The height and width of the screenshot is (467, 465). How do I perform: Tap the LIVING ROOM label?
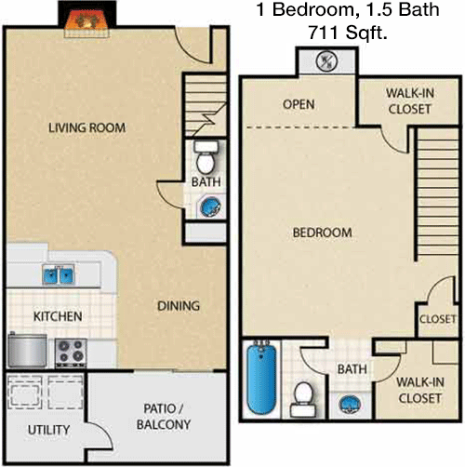(87, 127)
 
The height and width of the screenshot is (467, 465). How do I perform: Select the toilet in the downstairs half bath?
(206, 157)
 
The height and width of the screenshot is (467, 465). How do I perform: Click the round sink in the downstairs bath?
(210, 207)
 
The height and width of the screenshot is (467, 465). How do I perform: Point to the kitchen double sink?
(59, 274)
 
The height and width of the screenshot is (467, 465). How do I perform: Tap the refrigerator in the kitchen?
(27, 350)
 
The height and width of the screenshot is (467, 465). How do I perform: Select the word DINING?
(179, 306)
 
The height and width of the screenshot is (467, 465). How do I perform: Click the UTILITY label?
(48, 430)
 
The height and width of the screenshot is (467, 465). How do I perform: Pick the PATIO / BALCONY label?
(164, 417)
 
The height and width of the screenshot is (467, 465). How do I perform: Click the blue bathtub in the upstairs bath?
(261, 377)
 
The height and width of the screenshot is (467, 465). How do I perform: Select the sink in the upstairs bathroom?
(351, 404)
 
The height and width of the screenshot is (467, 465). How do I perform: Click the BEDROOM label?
(323, 233)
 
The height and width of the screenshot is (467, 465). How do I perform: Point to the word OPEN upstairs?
(299, 104)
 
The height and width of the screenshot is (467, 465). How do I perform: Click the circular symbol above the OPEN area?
(326, 61)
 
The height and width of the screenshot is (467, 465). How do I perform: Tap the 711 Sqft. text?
(348, 33)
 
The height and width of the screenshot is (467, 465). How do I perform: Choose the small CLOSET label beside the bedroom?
(437, 319)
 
